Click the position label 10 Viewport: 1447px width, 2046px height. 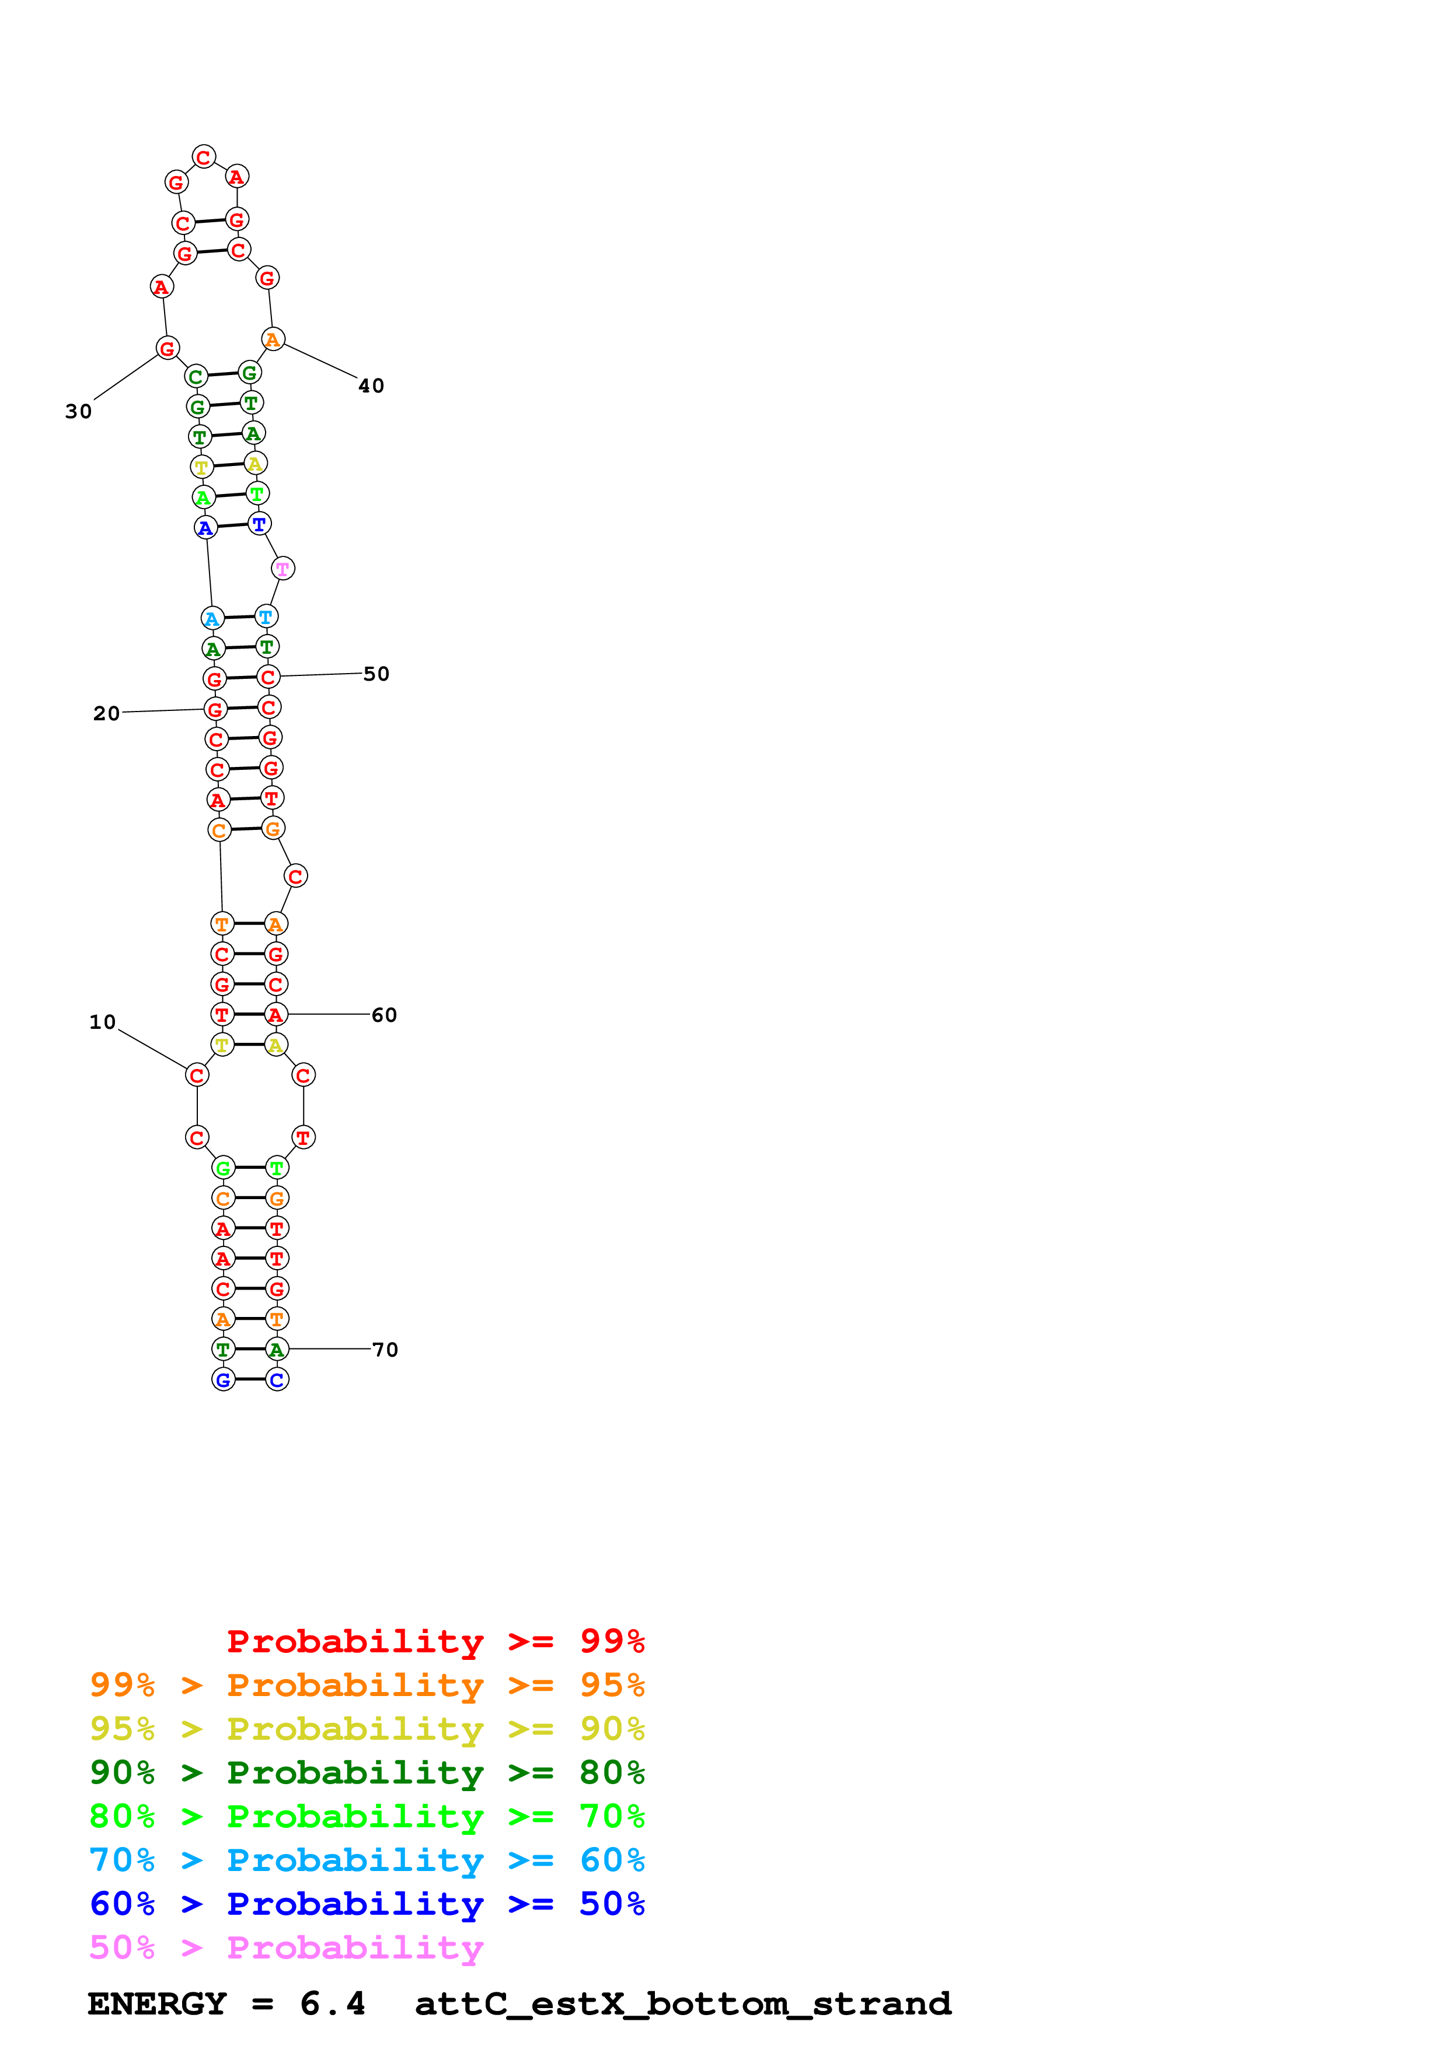coord(103,1022)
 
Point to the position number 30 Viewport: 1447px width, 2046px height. coord(78,412)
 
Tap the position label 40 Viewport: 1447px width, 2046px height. coord(371,386)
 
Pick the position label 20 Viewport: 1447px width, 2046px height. coord(106,713)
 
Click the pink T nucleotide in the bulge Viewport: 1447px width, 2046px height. coord(283,569)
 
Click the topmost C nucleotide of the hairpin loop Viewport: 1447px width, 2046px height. coord(204,157)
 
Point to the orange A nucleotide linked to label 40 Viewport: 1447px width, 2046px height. coord(273,339)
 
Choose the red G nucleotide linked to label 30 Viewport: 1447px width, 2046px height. coord(168,348)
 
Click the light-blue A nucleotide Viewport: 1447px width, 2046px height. coord(212,618)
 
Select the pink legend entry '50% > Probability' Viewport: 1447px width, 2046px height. coord(286,1948)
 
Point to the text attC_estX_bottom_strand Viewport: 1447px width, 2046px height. coord(683,2004)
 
